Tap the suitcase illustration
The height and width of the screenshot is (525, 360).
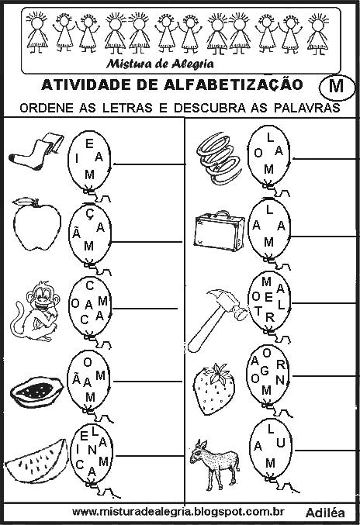[x=219, y=229]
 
